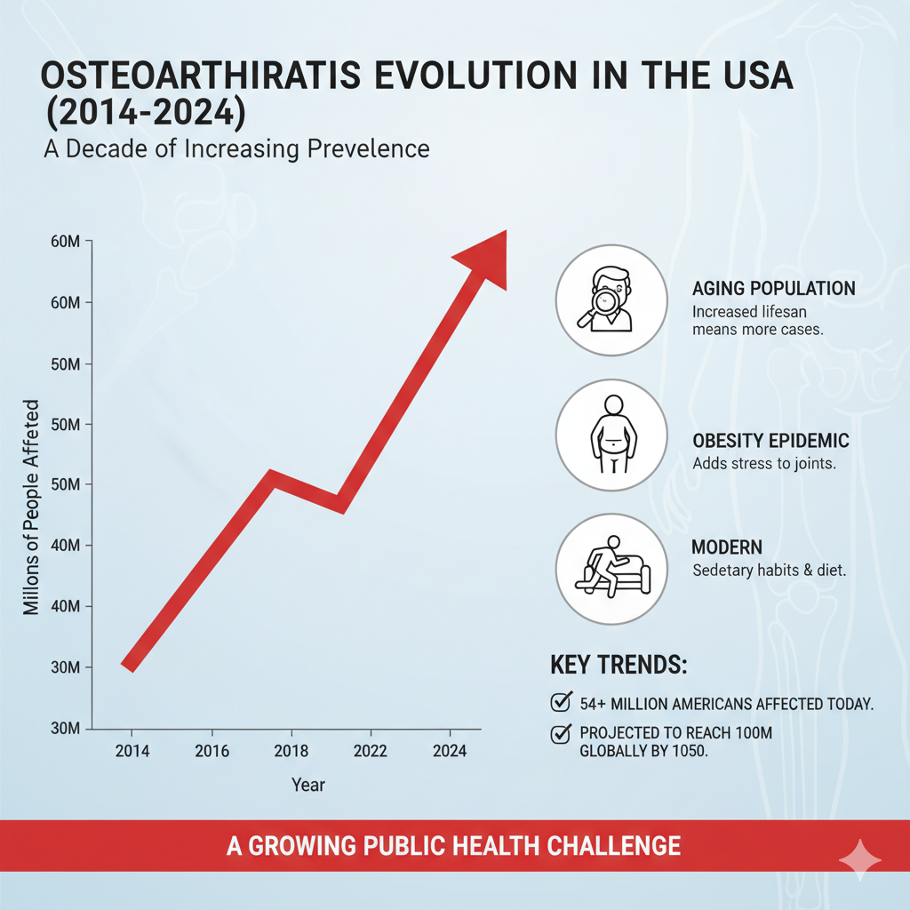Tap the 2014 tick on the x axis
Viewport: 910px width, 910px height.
(132, 751)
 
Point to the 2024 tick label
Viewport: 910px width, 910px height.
(449, 751)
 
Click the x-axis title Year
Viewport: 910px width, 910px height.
(308, 785)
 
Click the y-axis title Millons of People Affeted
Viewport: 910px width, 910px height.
(32, 507)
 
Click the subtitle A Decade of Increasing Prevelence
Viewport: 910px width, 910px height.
(236, 148)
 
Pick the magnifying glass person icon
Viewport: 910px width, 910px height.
(611, 301)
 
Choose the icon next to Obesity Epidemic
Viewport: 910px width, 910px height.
(611, 435)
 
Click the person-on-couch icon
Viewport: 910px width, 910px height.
(611, 569)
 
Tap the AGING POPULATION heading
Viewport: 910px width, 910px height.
(773, 289)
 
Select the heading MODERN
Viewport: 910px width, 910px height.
(727, 547)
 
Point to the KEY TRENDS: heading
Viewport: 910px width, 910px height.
(619, 666)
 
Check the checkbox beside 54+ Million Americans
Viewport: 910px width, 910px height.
(561, 703)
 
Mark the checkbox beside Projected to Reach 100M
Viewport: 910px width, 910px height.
(561, 733)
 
